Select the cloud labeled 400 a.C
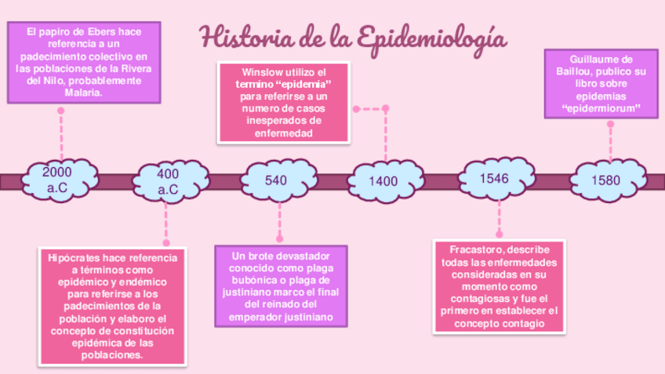coord(169,181)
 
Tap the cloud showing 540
coord(276,181)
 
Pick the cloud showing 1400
coord(383,181)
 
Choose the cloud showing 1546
coord(494,179)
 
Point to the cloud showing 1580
coord(605,180)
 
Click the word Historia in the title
coord(239,37)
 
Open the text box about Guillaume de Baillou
coord(601,83)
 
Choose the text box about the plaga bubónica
coord(281,286)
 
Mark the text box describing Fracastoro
coord(498,286)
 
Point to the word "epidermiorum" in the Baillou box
coord(601,108)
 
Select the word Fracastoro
coord(477,249)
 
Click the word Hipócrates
coord(75,257)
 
